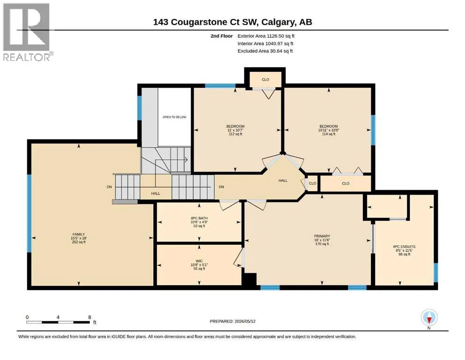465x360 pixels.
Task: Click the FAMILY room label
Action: click(x=79, y=234)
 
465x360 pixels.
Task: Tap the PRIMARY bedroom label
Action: click(x=322, y=236)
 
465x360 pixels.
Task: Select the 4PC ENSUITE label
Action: click(x=404, y=247)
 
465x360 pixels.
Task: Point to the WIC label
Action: click(x=199, y=261)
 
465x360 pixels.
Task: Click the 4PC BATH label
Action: click(x=199, y=218)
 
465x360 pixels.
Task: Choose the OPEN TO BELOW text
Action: click(x=174, y=117)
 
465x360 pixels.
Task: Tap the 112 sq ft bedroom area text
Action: click(x=236, y=134)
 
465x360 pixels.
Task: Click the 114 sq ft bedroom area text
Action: click(x=329, y=134)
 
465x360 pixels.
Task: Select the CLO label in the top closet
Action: click(x=266, y=80)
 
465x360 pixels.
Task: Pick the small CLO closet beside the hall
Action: click(x=312, y=183)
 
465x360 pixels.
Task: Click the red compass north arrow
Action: click(x=429, y=320)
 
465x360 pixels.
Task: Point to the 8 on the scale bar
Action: click(x=89, y=317)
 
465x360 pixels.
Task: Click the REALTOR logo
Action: click(x=27, y=32)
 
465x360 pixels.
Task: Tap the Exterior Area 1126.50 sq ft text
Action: click(x=266, y=36)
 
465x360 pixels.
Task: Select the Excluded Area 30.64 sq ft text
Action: click(x=265, y=51)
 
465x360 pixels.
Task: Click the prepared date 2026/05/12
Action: click(x=245, y=321)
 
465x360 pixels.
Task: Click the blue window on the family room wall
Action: click(x=29, y=213)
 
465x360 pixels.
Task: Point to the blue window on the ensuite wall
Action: click(x=435, y=272)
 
